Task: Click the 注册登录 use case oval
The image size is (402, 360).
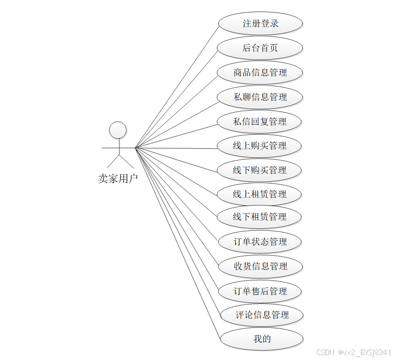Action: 260,24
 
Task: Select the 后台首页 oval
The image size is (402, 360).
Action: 260,48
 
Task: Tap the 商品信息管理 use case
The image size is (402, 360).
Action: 260,73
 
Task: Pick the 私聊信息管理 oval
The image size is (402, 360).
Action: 260,97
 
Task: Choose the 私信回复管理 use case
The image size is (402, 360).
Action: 260,122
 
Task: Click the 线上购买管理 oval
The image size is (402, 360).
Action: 260,146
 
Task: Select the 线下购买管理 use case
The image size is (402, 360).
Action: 260,170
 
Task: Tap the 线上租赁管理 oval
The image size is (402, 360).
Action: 260,194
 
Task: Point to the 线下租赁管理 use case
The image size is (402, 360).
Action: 260,217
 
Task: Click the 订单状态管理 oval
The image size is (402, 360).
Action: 260,242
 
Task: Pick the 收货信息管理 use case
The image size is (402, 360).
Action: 261,266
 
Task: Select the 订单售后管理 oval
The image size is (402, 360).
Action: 261,291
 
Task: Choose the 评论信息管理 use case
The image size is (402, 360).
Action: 262,315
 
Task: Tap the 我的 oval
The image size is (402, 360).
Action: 262,339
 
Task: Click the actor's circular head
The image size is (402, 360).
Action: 118,130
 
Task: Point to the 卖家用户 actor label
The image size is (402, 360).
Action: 118,178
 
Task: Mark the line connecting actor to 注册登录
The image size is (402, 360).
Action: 178,85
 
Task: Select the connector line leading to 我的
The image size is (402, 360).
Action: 178,243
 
